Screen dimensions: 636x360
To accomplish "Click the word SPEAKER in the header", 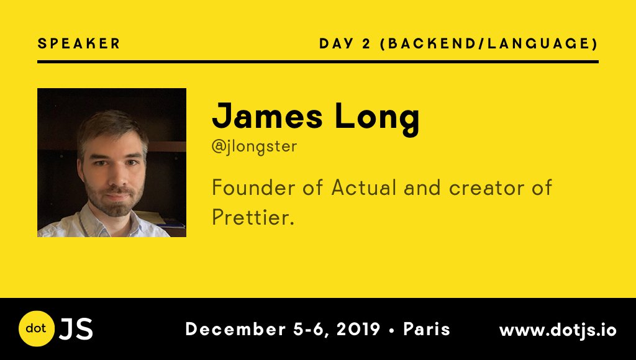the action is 79,43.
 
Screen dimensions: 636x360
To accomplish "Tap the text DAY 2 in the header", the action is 345,43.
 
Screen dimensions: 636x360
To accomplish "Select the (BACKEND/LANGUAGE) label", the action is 489,44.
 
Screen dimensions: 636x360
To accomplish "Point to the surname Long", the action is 377,118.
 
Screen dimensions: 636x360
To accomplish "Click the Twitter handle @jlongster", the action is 254,146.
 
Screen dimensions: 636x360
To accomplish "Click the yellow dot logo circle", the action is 37,328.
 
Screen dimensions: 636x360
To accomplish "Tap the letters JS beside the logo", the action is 76,329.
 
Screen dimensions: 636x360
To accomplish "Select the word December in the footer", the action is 235,329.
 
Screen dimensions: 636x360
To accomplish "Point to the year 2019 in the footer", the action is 358,329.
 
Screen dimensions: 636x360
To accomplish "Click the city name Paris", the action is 427,329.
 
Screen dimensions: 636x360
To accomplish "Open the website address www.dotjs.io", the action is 558,330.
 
